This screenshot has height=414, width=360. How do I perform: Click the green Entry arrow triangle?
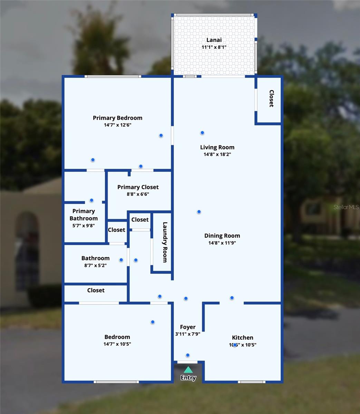point(188,370)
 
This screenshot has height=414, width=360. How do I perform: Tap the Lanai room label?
point(214,40)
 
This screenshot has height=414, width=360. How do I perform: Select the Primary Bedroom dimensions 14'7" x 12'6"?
point(117,125)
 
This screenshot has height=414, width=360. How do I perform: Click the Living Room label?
point(217,147)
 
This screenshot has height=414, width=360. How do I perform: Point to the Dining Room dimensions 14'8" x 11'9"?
point(222,243)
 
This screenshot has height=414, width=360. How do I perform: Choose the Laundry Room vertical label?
point(165,242)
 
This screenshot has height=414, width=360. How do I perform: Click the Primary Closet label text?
point(138,187)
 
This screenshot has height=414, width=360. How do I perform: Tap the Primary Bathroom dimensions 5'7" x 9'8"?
point(83,226)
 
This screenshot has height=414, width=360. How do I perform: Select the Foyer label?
point(188,327)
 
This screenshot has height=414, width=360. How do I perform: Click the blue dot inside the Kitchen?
point(235,345)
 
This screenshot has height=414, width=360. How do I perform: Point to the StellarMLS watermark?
point(346,207)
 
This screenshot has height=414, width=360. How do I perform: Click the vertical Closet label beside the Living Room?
point(271,99)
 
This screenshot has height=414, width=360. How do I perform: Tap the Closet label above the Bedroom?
point(96,290)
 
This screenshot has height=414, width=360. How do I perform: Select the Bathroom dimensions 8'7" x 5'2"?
point(95,265)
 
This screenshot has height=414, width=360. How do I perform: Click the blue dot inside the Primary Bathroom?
point(91,200)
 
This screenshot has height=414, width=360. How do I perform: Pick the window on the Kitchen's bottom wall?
point(252,382)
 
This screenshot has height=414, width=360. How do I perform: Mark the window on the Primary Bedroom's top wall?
point(113,76)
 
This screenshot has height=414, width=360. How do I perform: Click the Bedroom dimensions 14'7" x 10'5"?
point(117,344)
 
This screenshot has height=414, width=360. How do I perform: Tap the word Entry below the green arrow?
point(188,378)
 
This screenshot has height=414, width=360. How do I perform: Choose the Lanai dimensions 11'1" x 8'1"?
point(214,47)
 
